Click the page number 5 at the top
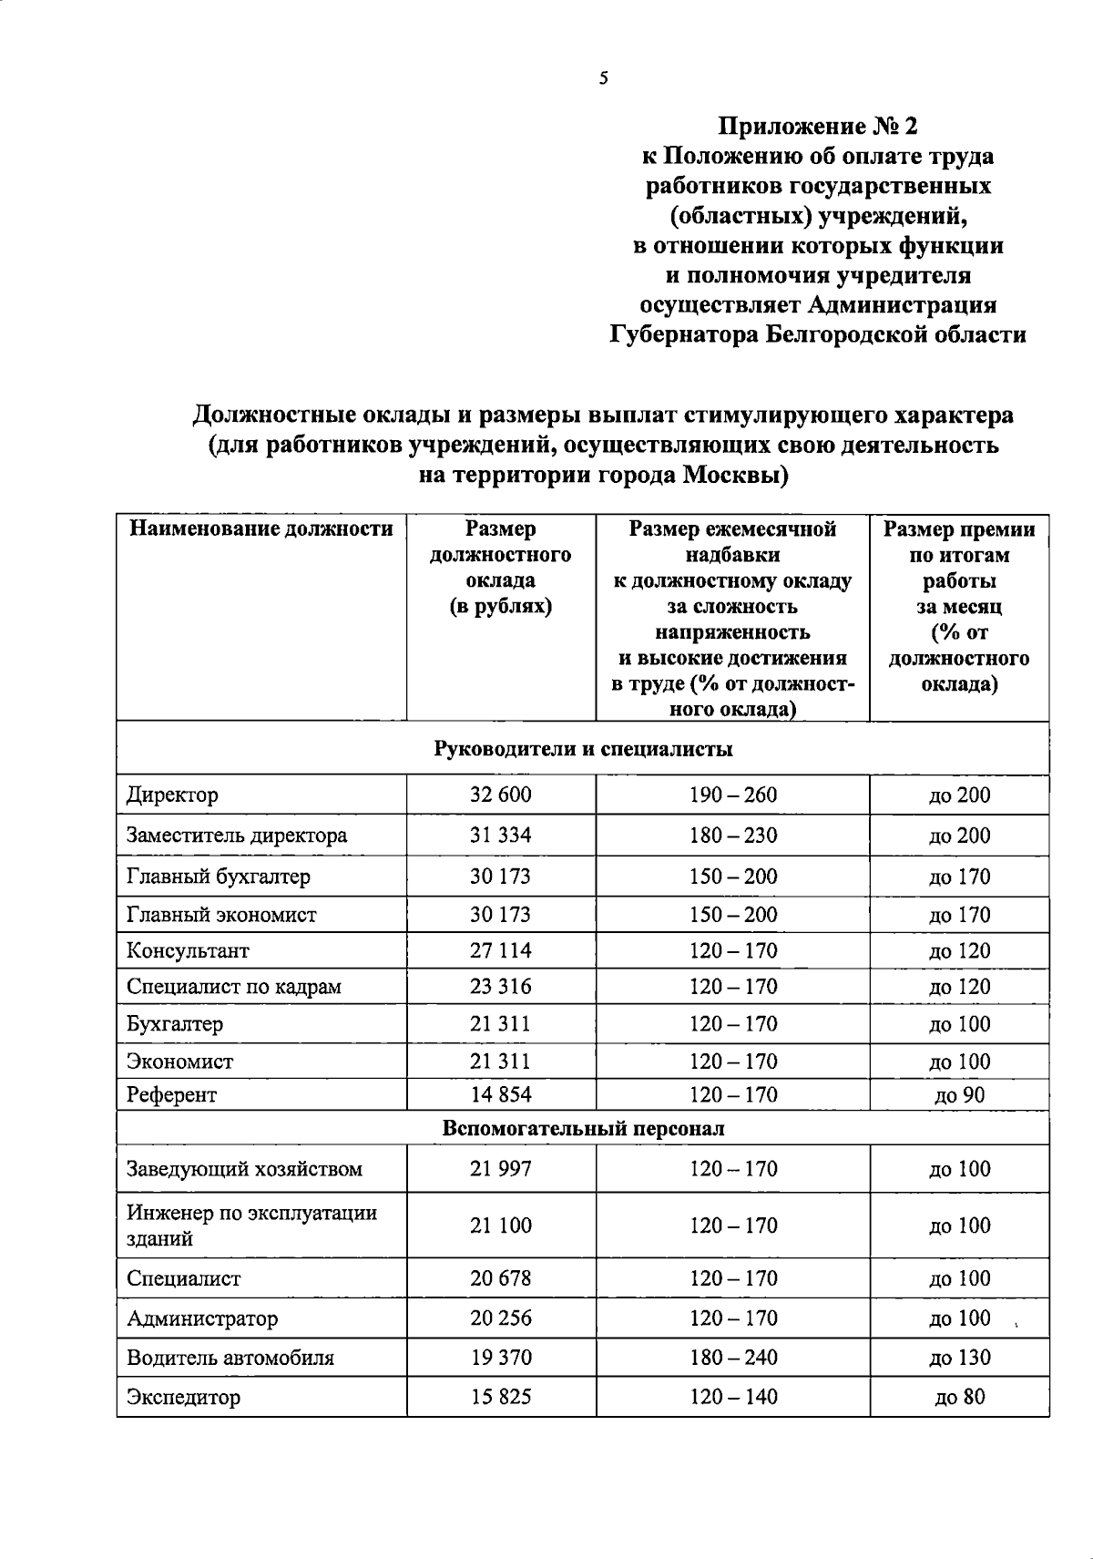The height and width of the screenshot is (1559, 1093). tap(604, 78)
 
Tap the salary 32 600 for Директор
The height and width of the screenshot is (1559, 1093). tap(500, 795)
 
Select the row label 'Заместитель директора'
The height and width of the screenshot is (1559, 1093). tap(237, 836)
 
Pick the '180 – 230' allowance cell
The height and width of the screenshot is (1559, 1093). tap(733, 836)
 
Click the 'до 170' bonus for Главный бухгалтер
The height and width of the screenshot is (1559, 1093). tap(959, 877)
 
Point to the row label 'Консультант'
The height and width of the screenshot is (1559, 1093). tap(188, 951)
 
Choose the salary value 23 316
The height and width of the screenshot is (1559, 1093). tap(500, 987)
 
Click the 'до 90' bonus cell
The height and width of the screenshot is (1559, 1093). tap(959, 1095)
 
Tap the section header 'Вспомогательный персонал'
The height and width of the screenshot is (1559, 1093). tap(583, 1129)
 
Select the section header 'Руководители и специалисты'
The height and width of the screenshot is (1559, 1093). tap(583, 749)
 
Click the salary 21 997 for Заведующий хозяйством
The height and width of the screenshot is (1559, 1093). tap(500, 1169)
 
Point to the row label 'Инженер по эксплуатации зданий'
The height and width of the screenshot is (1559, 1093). tap(251, 1226)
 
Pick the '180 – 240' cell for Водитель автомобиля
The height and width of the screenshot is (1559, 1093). tap(733, 1358)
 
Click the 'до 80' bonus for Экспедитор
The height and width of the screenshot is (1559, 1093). tap(959, 1397)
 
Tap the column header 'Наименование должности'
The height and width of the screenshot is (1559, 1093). tap(261, 529)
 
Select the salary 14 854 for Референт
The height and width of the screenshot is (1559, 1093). tap(500, 1095)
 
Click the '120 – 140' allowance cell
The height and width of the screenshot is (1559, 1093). tap(733, 1397)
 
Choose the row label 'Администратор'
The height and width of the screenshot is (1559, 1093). tap(202, 1318)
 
